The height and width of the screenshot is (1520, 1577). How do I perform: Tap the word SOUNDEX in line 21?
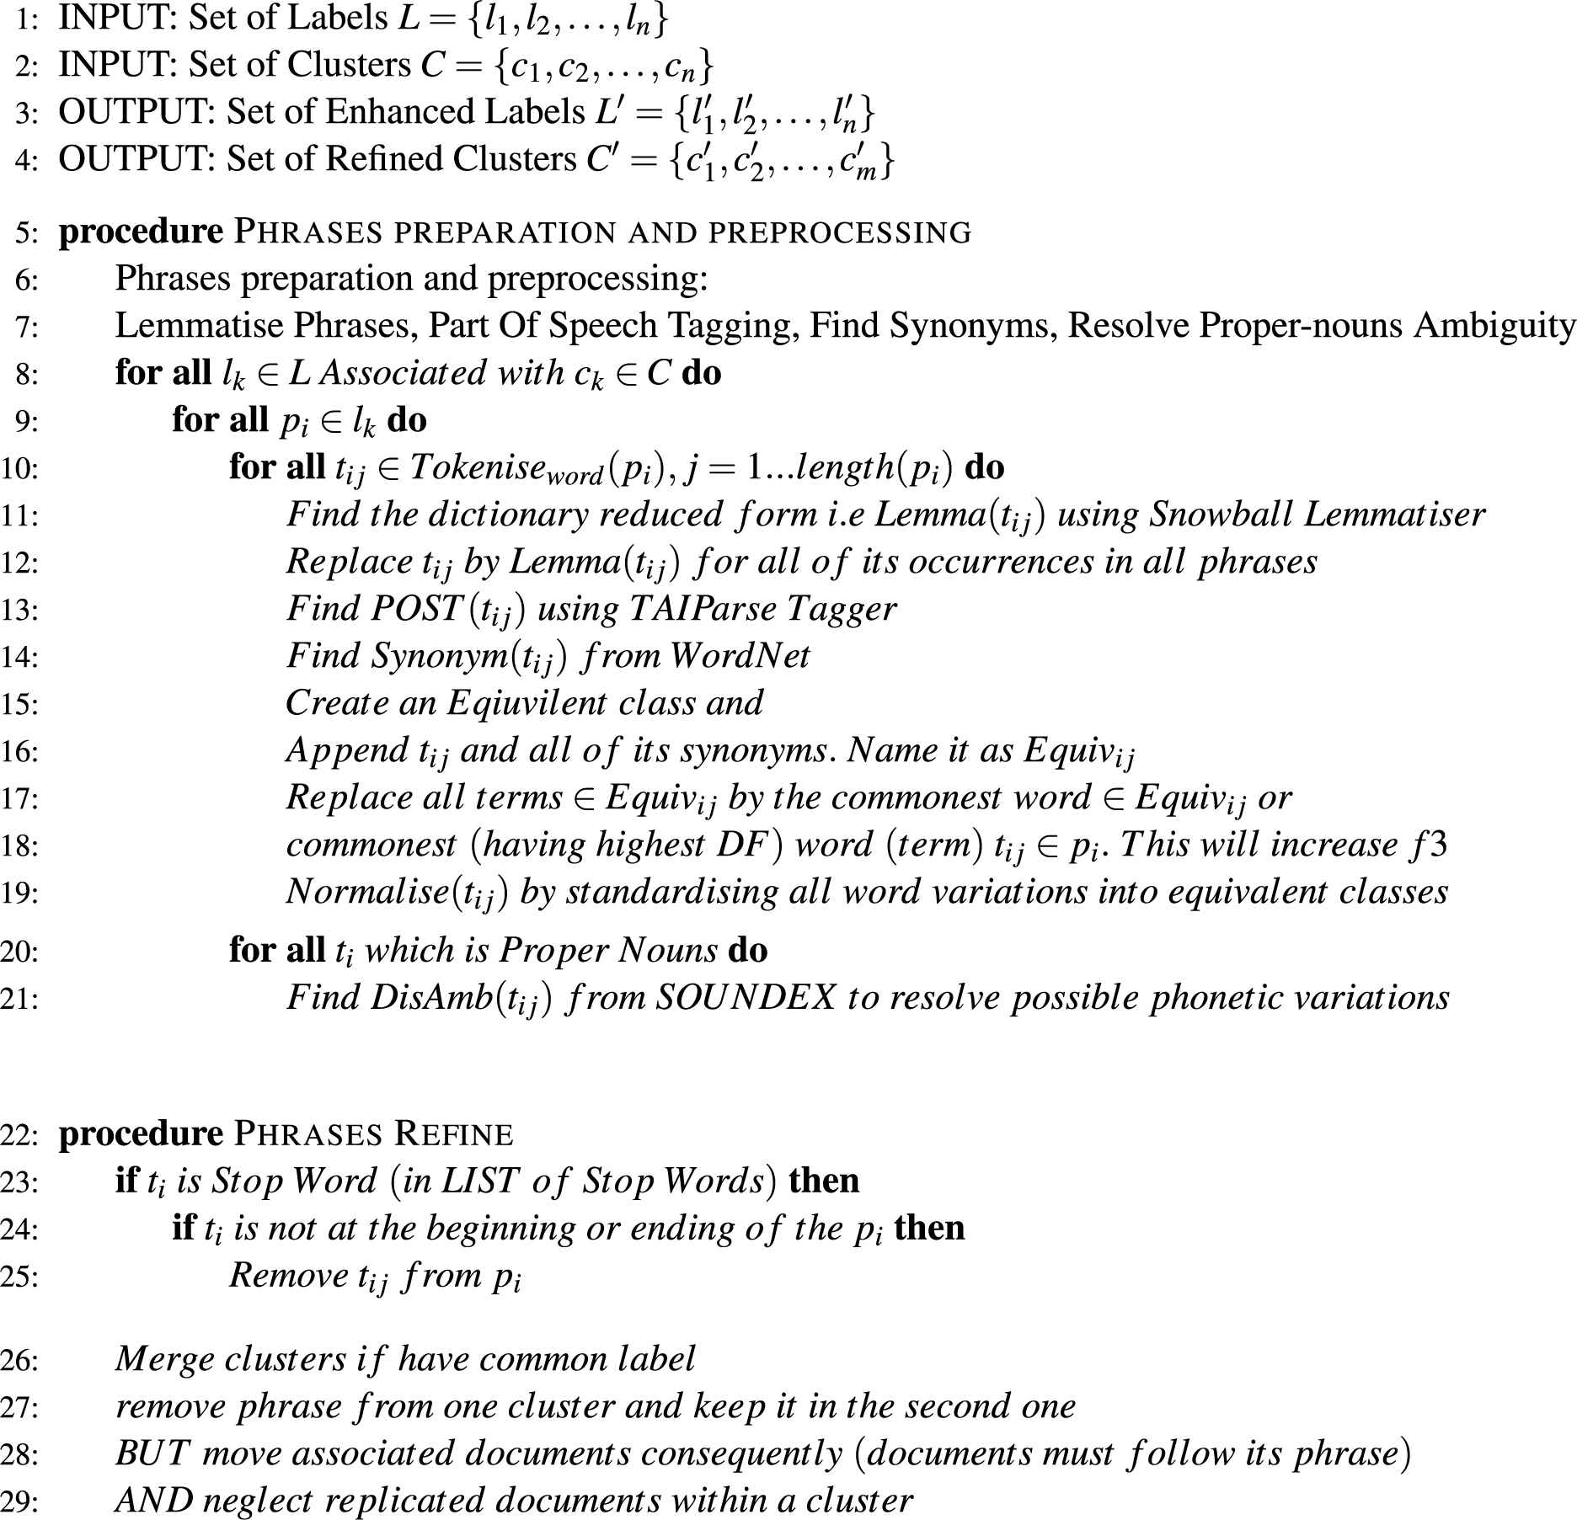746,998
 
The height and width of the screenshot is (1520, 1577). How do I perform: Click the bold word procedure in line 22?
141,1134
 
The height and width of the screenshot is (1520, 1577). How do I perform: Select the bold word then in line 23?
824,1181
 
